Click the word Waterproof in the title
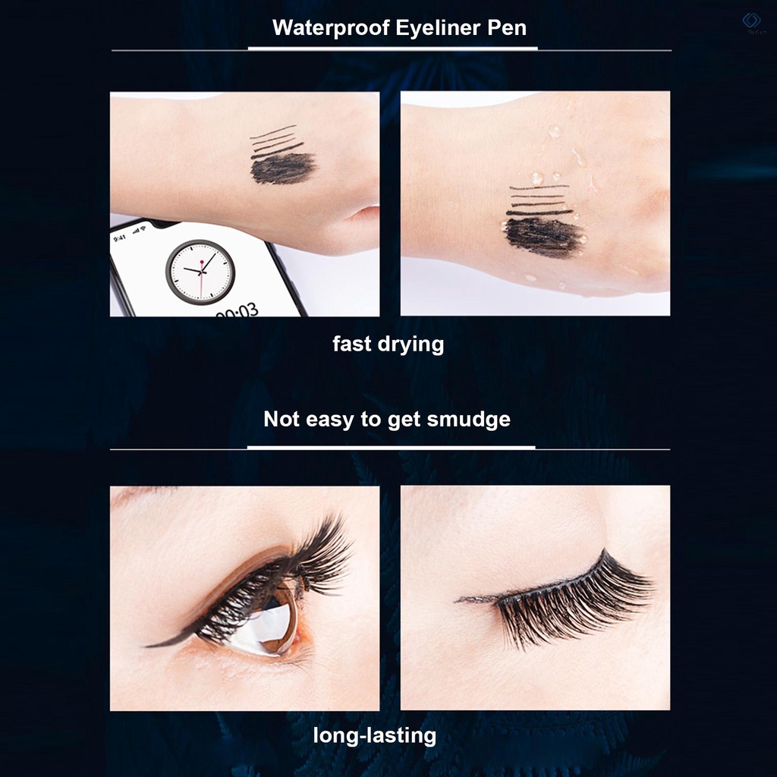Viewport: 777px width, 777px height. point(323,27)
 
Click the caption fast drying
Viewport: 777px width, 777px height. point(388,344)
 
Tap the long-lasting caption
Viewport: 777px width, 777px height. point(375,735)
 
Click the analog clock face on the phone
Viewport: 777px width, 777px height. point(200,272)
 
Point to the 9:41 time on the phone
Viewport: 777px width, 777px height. point(120,238)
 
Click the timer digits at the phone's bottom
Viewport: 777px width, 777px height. point(236,310)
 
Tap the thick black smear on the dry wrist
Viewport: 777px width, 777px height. point(282,168)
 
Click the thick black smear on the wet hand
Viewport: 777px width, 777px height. point(542,236)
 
